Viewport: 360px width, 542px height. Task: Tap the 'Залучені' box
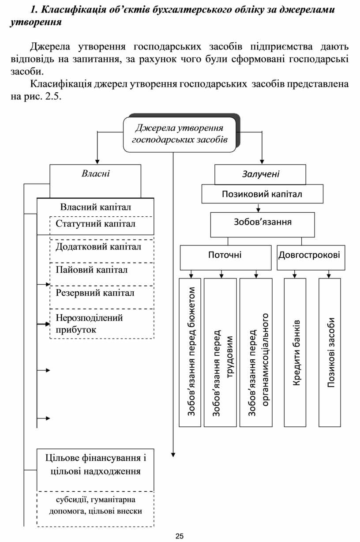point(260,174)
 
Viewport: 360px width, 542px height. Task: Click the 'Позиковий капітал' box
point(262,194)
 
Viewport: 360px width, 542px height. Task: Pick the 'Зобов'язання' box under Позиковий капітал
point(262,222)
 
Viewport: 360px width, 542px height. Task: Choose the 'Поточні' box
point(225,256)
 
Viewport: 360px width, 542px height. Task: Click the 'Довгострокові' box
point(311,256)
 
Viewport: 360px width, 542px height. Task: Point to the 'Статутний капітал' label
point(95,224)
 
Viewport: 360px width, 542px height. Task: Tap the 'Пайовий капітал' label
point(92,270)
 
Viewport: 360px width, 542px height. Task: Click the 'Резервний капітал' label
point(95,293)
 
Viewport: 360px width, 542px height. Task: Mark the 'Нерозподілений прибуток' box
point(101,324)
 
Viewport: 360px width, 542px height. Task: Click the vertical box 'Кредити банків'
point(295,352)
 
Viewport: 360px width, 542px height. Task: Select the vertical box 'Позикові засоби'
point(330,352)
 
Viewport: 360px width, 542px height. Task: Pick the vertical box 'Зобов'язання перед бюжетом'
point(190,352)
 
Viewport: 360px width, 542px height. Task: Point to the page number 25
point(179,536)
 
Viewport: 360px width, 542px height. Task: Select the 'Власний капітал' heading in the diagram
point(95,207)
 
